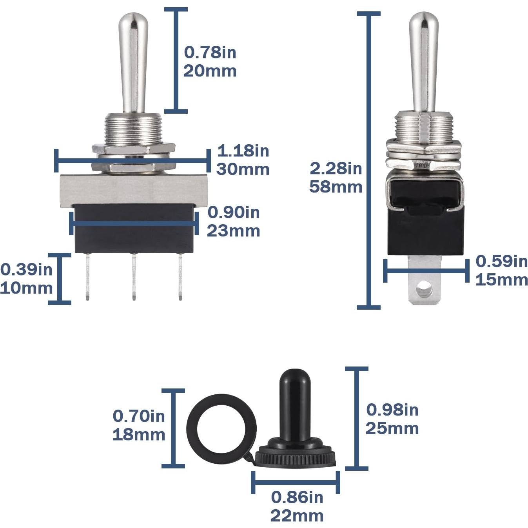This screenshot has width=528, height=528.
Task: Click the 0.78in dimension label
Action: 210,52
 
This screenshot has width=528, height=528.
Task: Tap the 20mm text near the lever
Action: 210,71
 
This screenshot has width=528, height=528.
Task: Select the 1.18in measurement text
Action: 243,151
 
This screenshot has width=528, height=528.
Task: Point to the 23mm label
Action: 233,231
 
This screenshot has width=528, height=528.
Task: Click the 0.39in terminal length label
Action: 26,269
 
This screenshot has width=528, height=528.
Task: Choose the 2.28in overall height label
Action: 336,168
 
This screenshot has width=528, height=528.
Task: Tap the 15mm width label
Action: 501,280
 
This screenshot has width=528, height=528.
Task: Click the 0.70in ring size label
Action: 139,416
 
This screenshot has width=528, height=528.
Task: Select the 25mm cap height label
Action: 392,428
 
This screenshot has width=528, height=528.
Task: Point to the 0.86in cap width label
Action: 297,497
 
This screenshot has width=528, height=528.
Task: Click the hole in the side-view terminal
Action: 423,290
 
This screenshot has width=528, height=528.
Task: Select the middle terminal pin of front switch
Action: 134,276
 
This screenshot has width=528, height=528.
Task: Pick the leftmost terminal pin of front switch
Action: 87,276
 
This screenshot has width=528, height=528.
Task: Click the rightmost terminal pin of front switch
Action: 180,276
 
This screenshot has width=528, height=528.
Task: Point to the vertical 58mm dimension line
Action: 368,235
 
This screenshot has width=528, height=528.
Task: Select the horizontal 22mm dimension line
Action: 295,482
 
